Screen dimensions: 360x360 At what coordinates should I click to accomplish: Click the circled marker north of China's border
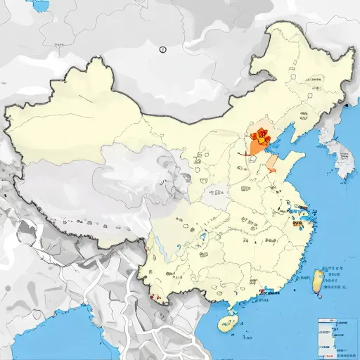(x=163, y=49)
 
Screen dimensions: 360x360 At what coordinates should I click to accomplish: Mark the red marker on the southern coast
(x=262, y=290)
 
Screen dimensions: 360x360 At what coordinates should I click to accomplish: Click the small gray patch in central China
(x=216, y=191)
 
